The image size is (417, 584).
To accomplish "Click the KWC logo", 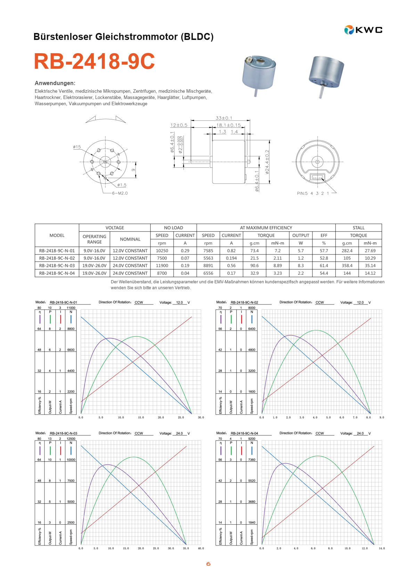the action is [x=363, y=30].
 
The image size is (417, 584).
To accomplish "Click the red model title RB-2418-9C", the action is [x=95, y=61].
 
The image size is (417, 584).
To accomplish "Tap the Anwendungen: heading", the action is [x=55, y=83].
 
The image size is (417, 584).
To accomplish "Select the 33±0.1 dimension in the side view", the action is [x=224, y=118].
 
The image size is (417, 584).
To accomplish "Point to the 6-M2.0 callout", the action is [x=120, y=193].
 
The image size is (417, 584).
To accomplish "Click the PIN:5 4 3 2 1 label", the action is [x=313, y=193].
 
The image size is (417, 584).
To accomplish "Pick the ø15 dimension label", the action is [x=77, y=147].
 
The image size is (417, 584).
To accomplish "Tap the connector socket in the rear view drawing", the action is [x=317, y=177].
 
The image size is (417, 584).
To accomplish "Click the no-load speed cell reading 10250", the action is [x=162, y=251].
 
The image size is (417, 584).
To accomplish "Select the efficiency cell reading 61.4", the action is [x=324, y=265].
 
